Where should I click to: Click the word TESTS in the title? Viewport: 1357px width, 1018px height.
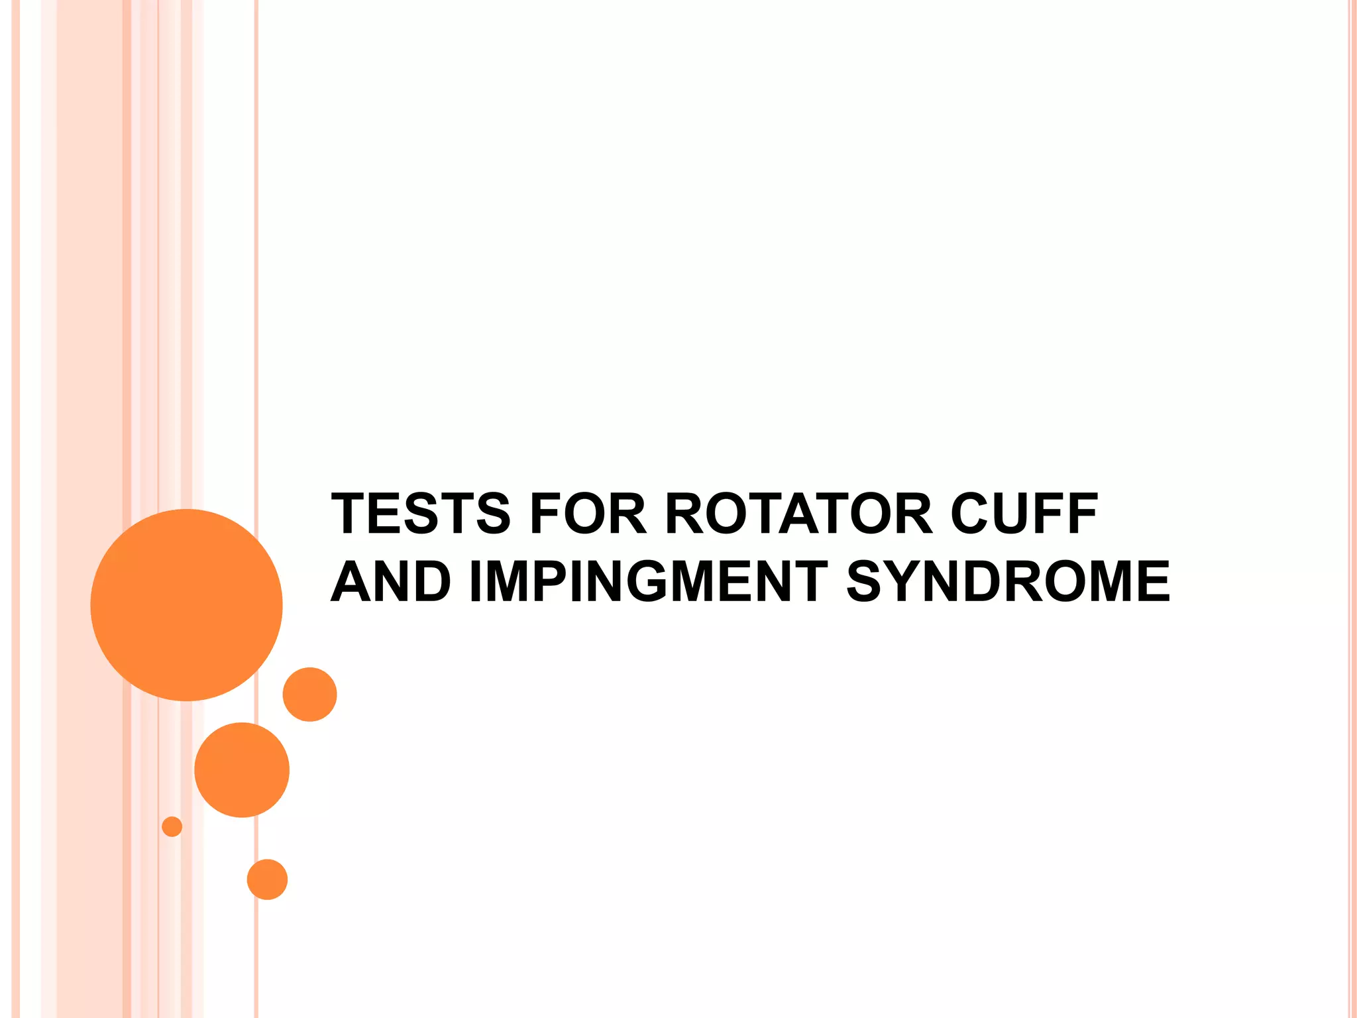pos(421,514)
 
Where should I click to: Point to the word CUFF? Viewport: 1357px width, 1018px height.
pos(1024,514)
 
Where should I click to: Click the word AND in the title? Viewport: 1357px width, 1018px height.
pos(391,581)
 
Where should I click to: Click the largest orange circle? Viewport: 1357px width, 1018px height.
pos(186,604)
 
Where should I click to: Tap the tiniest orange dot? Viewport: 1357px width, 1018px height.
pos(172,826)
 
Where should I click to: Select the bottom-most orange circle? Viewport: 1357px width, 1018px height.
pos(267,879)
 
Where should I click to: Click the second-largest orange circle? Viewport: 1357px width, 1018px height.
pos(242,769)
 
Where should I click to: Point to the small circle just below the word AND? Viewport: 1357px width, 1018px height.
pos(309,694)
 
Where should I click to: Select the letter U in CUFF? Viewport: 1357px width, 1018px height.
pos(1014,514)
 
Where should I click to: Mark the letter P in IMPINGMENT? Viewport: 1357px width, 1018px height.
pos(551,581)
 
